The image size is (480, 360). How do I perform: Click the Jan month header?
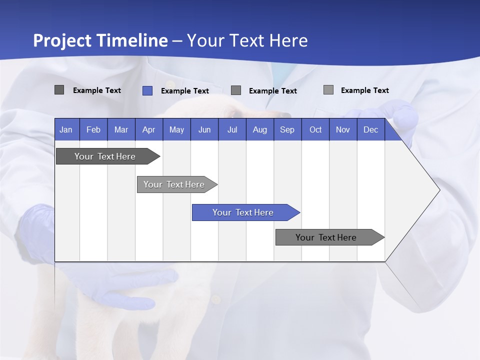point(66,129)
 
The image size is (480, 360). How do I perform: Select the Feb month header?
point(93,129)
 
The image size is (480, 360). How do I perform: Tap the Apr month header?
point(149,129)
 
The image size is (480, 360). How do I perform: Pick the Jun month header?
point(204,129)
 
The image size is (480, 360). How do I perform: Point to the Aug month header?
point(260,129)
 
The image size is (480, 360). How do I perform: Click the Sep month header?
point(287,129)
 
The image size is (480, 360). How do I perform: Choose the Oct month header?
point(315,129)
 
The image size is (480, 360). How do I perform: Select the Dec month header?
point(371,129)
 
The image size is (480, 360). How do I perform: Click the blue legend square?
point(147,90)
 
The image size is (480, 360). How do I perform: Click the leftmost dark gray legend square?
point(59,90)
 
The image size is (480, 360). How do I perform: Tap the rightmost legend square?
point(328,90)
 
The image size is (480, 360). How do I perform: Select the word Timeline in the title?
point(132,40)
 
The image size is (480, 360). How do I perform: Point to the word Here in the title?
point(288,40)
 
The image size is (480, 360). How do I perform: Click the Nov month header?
point(343,129)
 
